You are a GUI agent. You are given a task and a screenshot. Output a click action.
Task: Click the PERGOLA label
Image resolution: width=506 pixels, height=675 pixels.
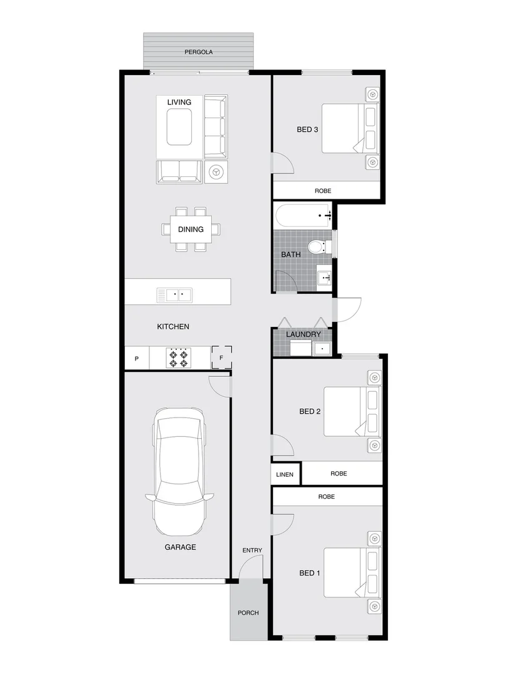pos(199,52)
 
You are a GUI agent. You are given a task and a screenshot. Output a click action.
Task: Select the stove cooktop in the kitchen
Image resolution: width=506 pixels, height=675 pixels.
pos(177,358)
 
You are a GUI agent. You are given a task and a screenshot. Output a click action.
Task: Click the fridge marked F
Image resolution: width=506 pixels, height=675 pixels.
pos(221,358)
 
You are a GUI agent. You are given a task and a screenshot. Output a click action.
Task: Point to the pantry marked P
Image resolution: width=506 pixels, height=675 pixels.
pos(137,359)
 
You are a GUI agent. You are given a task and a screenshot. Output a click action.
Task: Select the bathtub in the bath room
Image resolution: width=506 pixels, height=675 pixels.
pos(303,216)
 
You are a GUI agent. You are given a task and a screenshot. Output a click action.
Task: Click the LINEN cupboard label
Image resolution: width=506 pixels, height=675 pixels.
pos(285,474)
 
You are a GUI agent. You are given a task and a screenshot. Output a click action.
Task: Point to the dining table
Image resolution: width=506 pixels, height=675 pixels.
pos(191,229)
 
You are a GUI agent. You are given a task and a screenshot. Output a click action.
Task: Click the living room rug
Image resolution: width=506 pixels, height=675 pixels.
pos(178,126)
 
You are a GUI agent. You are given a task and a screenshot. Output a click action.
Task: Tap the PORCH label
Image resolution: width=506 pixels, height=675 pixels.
pos(248,612)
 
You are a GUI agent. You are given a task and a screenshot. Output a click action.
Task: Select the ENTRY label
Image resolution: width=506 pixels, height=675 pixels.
pos(252,550)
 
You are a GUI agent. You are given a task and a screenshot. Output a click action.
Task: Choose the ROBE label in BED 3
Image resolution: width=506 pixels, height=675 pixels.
pos(323,191)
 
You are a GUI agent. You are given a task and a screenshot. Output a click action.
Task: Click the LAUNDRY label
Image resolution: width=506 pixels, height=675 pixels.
pos(303,334)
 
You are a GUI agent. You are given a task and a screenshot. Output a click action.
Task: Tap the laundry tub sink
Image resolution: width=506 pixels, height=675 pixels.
pos(322,347)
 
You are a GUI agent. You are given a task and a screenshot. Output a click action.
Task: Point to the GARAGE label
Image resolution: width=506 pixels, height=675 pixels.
pos(181,547)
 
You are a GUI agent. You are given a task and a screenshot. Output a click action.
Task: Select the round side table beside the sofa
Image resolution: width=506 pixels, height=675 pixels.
pos(217,170)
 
